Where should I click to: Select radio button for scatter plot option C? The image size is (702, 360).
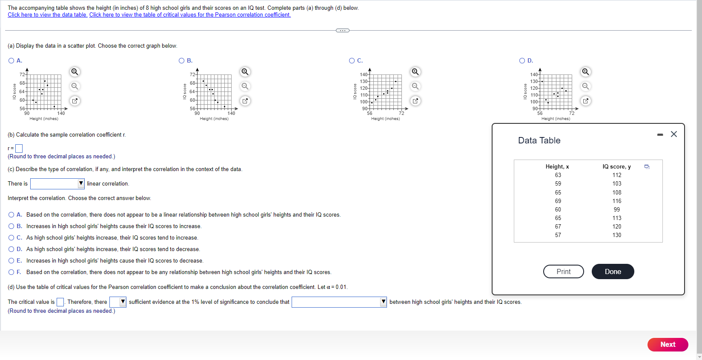pyautogui.click(x=352, y=61)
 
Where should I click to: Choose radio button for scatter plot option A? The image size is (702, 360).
pyautogui.click(x=11, y=61)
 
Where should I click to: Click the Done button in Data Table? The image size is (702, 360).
pyautogui.click(x=613, y=271)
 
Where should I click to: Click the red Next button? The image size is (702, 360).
pyautogui.click(x=667, y=344)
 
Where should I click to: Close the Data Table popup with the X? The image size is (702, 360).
pyautogui.click(x=673, y=134)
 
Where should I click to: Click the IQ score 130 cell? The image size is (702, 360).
pyautogui.click(x=616, y=235)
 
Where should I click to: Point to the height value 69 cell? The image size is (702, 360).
pyautogui.click(x=558, y=201)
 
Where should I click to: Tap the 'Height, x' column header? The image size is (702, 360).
pyautogui.click(x=557, y=166)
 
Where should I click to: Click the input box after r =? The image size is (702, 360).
pyautogui.click(x=19, y=149)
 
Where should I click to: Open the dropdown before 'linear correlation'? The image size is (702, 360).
pyautogui.click(x=57, y=183)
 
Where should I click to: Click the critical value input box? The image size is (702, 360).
pyautogui.click(x=60, y=302)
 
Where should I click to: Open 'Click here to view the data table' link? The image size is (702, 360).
pyautogui.click(x=47, y=14)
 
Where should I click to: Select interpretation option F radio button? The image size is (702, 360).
pyautogui.click(x=11, y=272)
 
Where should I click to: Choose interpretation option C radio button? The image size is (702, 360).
pyautogui.click(x=11, y=237)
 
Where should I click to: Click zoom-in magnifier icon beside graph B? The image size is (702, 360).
pyautogui.click(x=245, y=71)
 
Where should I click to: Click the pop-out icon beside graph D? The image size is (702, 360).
pyautogui.click(x=586, y=101)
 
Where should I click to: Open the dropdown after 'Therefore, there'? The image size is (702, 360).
pyautogui.click(x=118, y=302)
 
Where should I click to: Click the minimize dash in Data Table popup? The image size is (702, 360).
pyautogui.click(x=660, y=134)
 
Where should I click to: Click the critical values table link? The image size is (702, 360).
pyautogui.click(x=190, y=14)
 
